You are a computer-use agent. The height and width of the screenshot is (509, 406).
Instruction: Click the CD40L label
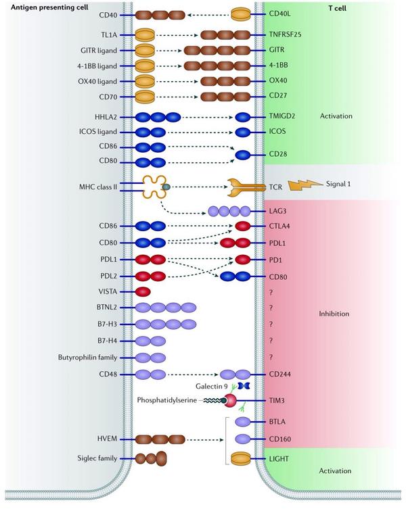(280, 14)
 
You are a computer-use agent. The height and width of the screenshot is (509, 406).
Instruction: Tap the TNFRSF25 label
(285, 34)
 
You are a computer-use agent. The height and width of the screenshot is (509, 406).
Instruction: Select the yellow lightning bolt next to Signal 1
(306, 185)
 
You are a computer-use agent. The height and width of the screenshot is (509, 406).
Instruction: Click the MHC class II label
(98, 187)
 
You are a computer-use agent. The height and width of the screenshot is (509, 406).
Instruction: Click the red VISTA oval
(143, 291)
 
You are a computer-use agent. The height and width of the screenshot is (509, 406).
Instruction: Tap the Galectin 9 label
(212, 386)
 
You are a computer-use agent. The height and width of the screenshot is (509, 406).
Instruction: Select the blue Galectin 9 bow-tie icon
(244, 386)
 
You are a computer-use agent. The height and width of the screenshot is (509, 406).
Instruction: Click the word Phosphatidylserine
(166, 400)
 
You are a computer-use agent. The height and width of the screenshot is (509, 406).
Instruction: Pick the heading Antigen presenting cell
(49, 7)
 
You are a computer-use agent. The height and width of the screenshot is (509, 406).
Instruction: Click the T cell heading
(337, 8)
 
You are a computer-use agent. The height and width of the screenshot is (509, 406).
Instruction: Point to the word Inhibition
(334, 314)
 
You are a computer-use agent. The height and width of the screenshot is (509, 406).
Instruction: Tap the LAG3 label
(277, 211)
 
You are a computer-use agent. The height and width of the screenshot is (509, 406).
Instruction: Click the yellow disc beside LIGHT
(241, 459)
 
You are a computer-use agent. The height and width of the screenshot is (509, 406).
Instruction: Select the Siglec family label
(97, 458)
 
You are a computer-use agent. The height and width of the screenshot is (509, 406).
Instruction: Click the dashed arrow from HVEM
(206, 440)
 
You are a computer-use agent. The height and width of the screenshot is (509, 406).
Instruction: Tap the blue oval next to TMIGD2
(242, 117)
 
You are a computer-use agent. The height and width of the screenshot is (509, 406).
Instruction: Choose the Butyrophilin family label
(87, 358)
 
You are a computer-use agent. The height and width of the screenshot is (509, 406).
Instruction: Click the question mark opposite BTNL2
(271, 308)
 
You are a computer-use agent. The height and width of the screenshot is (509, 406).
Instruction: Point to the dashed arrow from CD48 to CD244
(193, 374)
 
